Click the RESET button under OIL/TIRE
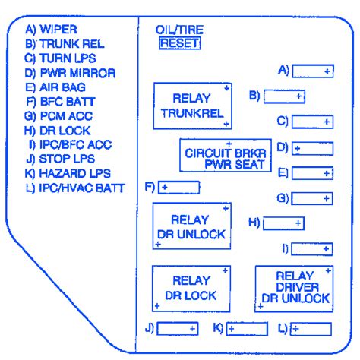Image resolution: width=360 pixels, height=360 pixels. (x=179, y=43)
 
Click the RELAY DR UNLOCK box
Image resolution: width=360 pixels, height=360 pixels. (x=191, y=227)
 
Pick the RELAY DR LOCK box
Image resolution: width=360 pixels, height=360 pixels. (x=191, y=288)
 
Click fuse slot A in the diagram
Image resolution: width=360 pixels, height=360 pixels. (x=314, y=71)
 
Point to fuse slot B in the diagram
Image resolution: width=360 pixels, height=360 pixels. (x=285, y=96)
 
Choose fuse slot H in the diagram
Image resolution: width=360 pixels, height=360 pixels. (x=283, y=223)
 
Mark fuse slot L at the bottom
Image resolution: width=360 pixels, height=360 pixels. (x=312, y=328)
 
